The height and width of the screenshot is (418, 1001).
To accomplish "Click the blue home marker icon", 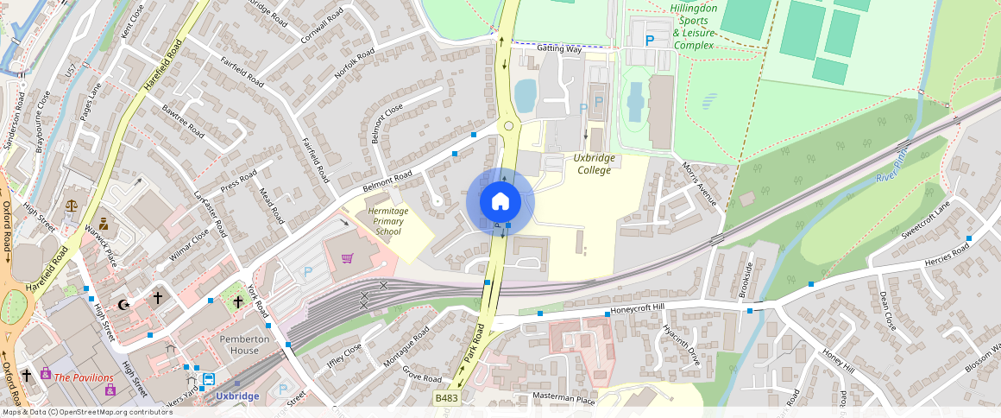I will click(x=500, y=202).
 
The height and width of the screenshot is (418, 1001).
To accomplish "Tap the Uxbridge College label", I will click(x=593, y=164).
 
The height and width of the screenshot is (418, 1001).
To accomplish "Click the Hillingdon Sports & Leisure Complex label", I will click(x=694, y=27).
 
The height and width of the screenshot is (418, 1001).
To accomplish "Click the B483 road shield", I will click(x=446, y=398).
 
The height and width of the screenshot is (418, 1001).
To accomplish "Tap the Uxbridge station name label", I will click(x=237, y=396).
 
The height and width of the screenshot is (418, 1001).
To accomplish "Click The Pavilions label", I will click(x=84, y=377).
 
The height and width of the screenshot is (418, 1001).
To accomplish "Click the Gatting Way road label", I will click(x=559, y=49).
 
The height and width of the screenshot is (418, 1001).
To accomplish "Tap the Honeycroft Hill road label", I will click(x=638, y=308).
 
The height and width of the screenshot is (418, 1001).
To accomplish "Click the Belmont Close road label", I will click(x=387, y=123).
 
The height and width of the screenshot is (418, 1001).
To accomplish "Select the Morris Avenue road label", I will click(x=699, y=183).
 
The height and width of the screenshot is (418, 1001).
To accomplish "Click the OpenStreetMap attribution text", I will click(x=86, y=412).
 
